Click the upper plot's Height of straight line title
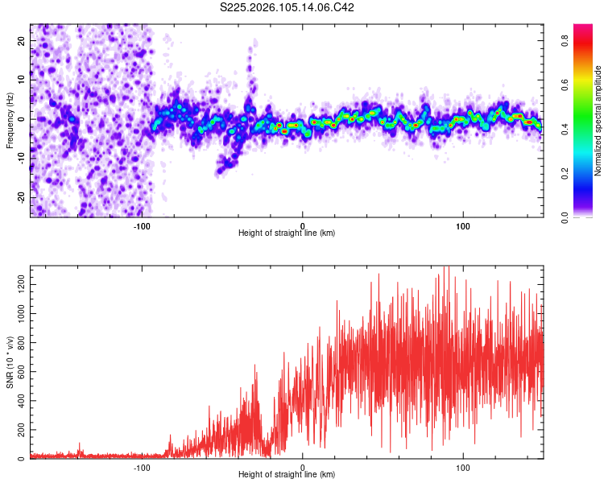(287, 233)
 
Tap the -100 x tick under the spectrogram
(142, 225)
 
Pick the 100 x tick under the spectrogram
(463, 225)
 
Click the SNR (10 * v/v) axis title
(10, 362)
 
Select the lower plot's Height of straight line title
(287, 474)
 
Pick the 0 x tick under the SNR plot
(303, 466)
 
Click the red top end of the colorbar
(583, 28)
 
